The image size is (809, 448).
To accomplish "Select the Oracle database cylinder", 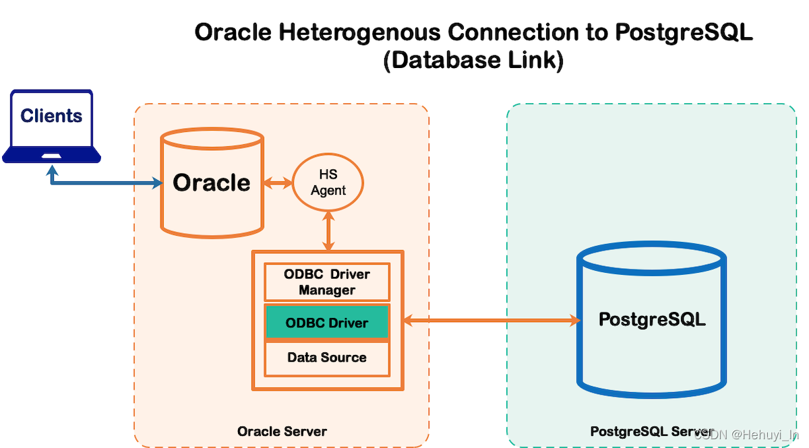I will pos(212,183).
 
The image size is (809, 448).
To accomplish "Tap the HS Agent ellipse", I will pos(328,183).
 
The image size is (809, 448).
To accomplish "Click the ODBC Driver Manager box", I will pos(327,282).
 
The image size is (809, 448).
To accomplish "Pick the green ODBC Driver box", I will pos(327,323).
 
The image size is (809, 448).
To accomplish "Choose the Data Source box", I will pos(327,358).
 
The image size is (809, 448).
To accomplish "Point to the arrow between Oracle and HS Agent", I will pos(277,183).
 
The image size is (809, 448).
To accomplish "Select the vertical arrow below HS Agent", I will pos(328,230).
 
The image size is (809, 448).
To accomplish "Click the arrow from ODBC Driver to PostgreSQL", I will pos(492,321).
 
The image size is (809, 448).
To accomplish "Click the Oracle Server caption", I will pos(282,431).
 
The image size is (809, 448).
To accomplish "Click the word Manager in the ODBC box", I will pos(327,290).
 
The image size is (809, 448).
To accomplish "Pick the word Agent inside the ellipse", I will pos(328,191).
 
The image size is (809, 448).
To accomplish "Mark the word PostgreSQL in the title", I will pos(684,32).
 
